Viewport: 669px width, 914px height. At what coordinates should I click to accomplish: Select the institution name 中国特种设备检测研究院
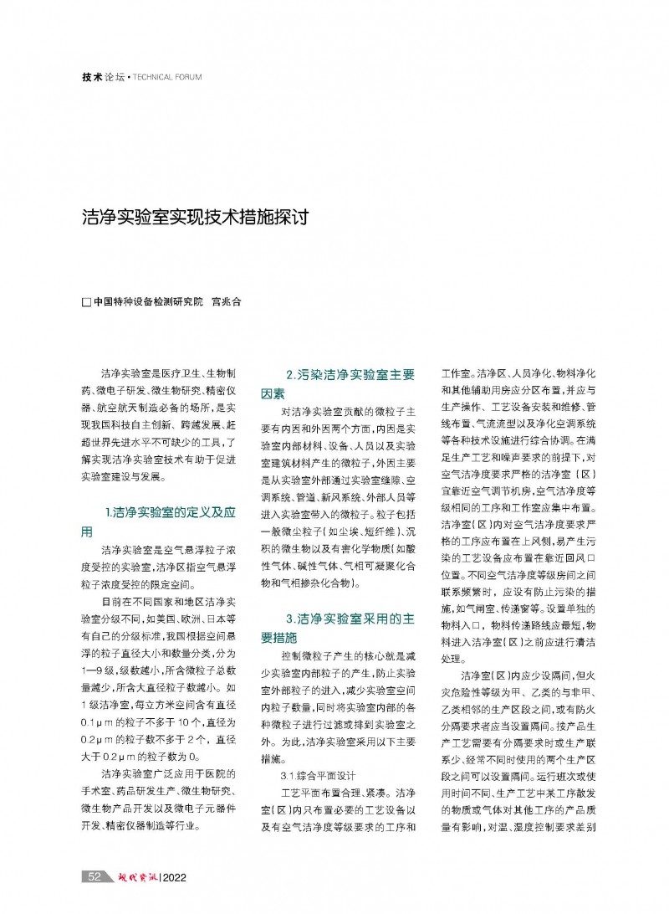coord(148,302)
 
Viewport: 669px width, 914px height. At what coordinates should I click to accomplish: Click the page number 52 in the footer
coord(94,876)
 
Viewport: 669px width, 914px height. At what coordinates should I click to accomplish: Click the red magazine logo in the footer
coord(133,876)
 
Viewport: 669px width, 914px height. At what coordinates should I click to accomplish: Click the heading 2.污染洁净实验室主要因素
coord(339,384)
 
